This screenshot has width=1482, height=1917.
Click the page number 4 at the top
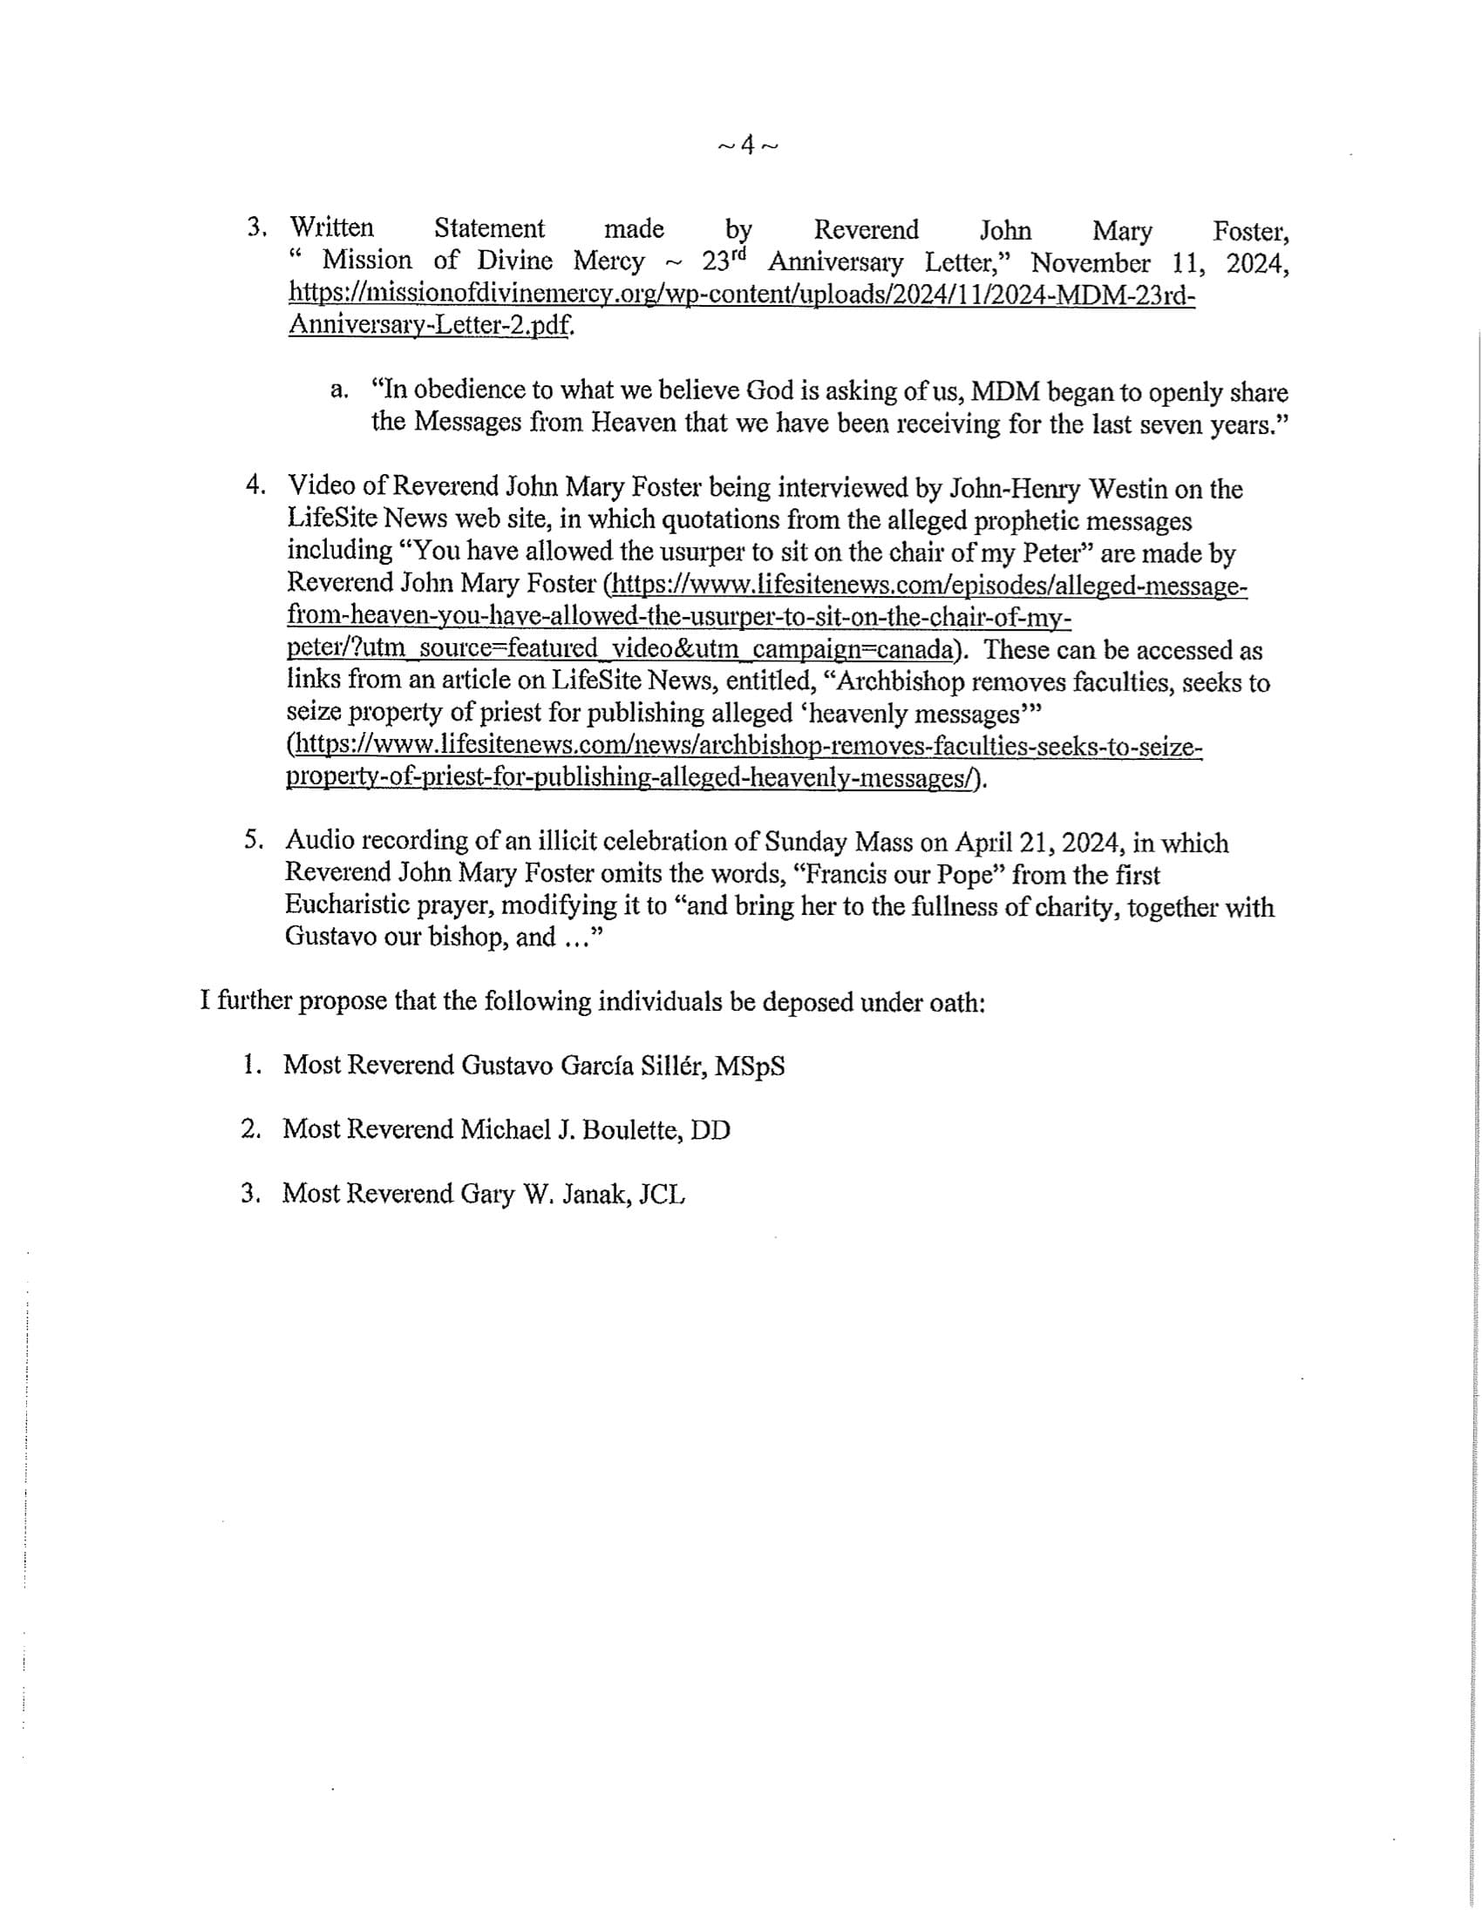(747, 145)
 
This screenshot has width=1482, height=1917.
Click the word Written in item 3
(332, 228)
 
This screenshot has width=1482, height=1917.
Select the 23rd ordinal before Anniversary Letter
(728, 261)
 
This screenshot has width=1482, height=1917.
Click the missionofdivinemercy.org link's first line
(742, 295)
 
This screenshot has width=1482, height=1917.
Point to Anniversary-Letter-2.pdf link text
(431, 327)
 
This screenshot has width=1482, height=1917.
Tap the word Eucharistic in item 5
(355, 906)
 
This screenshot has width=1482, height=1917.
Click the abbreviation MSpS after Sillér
(749, 1067)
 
